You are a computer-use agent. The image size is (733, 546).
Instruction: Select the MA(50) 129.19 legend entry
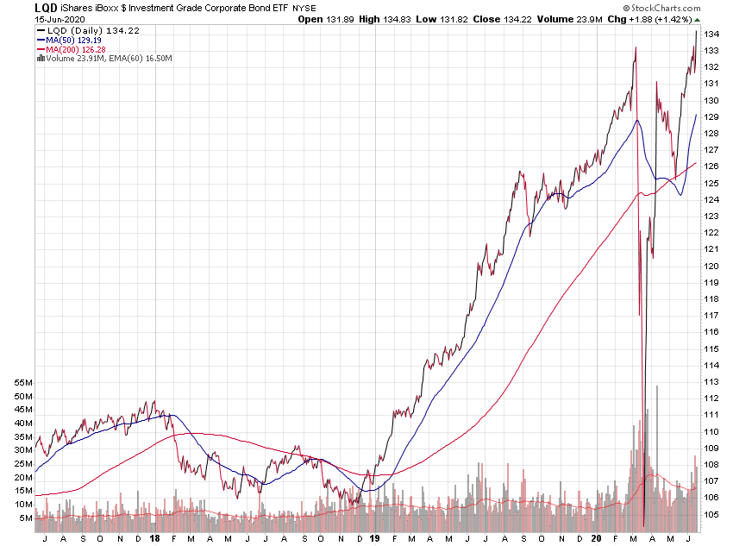[x=65, y=40]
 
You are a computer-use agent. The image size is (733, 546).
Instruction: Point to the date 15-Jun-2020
[x=32, y=19]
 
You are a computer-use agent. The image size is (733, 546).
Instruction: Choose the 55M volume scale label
[x=22, y=382]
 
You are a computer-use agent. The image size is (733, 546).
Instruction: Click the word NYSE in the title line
[x=305, y=9]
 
